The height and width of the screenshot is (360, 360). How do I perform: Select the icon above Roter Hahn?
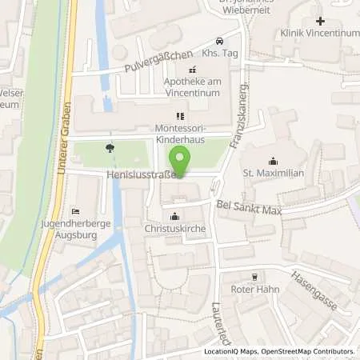click(255, 277)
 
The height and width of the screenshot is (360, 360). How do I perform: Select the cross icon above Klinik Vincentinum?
click(320, 20)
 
